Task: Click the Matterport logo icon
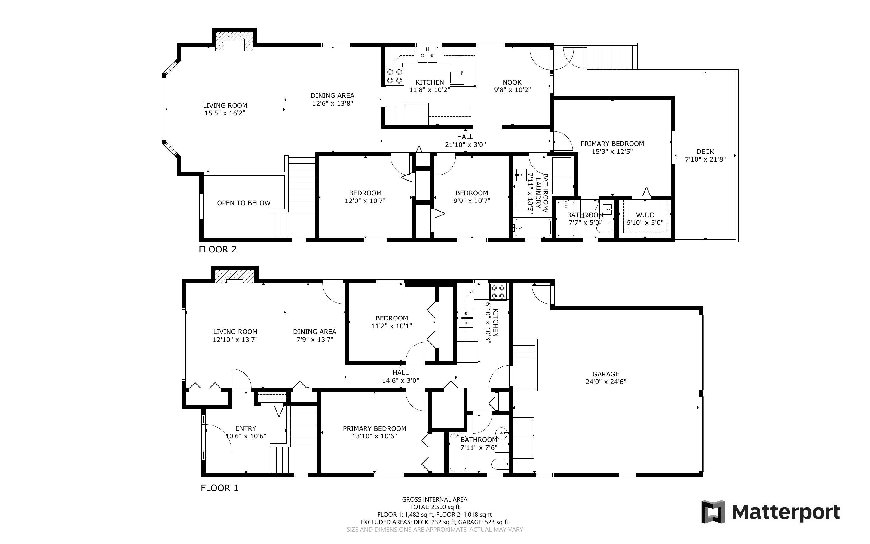click(x=713, y=512)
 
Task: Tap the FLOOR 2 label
click(x=218, y=249)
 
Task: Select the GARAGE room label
click(x=606, y=374)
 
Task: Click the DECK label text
click(x=705, y=151)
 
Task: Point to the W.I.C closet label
click(x=645, y=215)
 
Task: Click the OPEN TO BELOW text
click(x=244, y=203)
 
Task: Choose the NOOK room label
click(x=512, y=82)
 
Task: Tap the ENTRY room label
click(x=246, y=428)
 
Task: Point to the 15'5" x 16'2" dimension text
click(x=225, y=113)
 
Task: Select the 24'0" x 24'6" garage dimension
click(x=606, y=382)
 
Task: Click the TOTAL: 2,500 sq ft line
click(x=435, y=507)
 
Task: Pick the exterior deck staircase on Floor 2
click(x=611, y=57)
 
